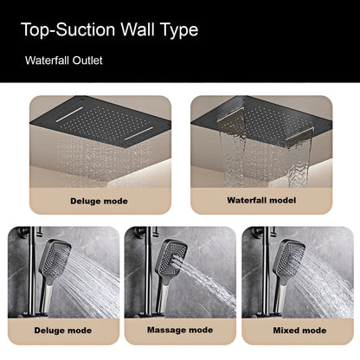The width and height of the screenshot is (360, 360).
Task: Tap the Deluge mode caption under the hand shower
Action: (61, 330)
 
